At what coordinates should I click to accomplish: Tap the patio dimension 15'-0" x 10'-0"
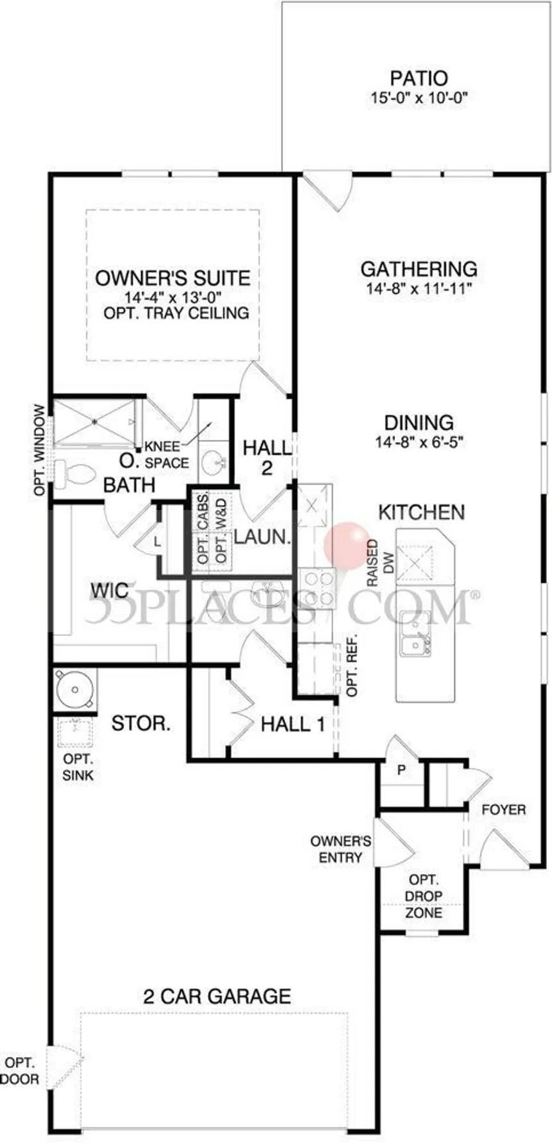pyautogui.click(x=418, y=98)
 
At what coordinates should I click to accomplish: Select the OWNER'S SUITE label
pyautogui.click(x=173, y=278)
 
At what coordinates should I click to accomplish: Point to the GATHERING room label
pyautogui.click(x=418, y=268)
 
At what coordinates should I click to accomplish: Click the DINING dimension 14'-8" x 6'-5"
pyautogui.click(x=419, y=442)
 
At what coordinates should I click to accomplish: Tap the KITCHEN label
pyautogui.click(x=422, y=511)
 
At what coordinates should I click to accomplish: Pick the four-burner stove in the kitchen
pyautogui.click(x=318, y=588)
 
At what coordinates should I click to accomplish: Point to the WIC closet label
pyautogui.click(x=109, y=589)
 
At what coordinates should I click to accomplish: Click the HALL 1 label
pyautogui.click(x=293, y=725)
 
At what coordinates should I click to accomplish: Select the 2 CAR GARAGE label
pyautogui.click(x=217, y=996)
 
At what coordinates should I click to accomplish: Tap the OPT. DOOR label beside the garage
pyautogui.click(x=20, y=1071)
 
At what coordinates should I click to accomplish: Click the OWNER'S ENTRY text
pyautogui.click(x=340, y=849)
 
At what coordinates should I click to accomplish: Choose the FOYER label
pyautogui.click(x=504, y=810)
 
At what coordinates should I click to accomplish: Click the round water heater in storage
pyautogui.click(x=75, y=690)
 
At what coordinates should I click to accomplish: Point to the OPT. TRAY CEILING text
pyautogui.click(x=176, y=313)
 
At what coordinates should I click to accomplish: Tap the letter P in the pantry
pyautogui.click(x=402, y=770)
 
